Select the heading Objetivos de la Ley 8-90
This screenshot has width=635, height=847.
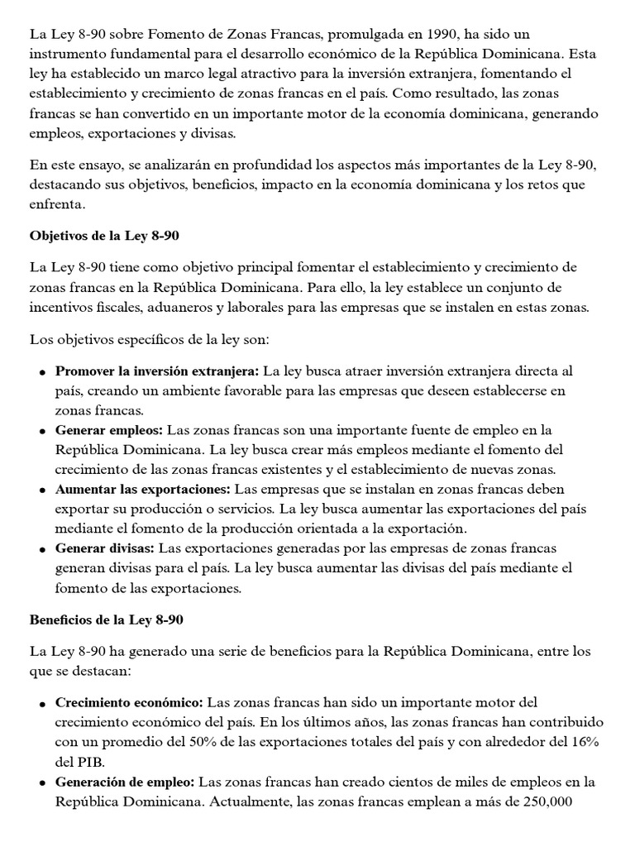pyautogui.click(x=104, y=236)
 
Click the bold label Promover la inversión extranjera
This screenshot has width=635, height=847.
pyautogui.click(x=157, y=371)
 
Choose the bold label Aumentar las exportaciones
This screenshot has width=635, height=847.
pyautogui.click(x=144, y=490)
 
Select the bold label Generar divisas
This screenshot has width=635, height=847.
pyautogui.click(x=106, y=549)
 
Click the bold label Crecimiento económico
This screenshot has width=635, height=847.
pyautogui.click(x=129, y=702)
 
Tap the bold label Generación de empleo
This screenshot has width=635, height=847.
pyautogui.click(x=125, y=782)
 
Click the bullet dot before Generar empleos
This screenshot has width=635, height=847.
pyautogui.click(x=41, y=431)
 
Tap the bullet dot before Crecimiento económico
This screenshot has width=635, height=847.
pyautogui.click(x=41, y=703)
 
